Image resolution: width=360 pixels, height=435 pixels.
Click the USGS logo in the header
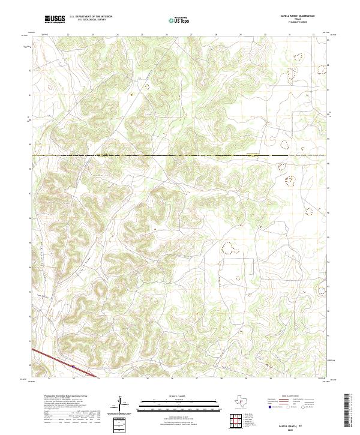pyautogui.click(x=55, y=19)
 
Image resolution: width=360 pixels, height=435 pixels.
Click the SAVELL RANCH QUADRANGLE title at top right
pyautogui.click(x=293, y=16)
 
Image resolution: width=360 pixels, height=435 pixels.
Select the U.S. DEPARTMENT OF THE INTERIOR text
pyautogui.click(x=91, y=17)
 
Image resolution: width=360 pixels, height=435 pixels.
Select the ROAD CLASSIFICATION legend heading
pyautogui.click(x=292, y=397)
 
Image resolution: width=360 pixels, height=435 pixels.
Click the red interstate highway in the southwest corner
pyautogui.click(x=60, y=362)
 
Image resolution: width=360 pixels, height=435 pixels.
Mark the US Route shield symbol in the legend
pyautogui.click(x=287, y=407)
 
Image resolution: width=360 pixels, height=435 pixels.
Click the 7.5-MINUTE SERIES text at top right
pyautogui.click(x=293, y=22)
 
